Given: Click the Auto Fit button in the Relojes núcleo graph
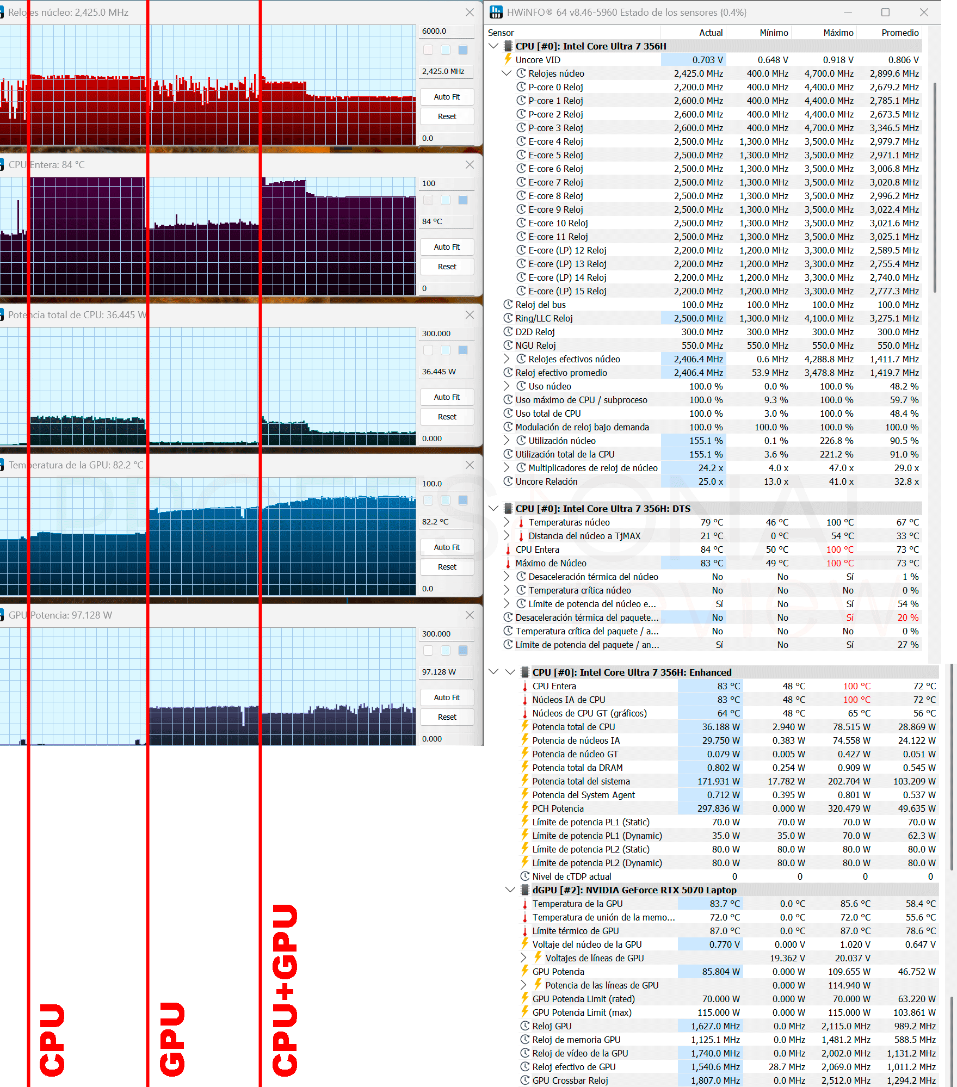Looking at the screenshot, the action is tap(447, 97).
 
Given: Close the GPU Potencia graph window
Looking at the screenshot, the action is tap(470, 615).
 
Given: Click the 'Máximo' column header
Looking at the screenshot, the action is tap(838, 33).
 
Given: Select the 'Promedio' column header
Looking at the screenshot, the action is tap(900, 33).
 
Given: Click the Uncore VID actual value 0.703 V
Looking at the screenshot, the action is tap(707, 60).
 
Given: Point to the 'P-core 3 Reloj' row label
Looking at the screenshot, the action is tap(555, 128).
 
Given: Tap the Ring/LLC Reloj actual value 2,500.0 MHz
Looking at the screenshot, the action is tap(699, 318).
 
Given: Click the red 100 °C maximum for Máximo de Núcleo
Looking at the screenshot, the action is tap(840, 563).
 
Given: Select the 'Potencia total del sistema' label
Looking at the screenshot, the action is tap(581, 781).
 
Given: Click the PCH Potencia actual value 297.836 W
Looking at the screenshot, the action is tap(718, 808).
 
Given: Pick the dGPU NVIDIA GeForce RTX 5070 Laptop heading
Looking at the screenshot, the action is tap(634, 890).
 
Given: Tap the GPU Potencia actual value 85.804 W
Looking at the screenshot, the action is tap(721, 972).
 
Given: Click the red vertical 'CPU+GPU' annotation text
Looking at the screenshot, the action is tap(285, 990).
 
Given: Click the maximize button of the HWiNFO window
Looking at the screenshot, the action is tap(885, 12).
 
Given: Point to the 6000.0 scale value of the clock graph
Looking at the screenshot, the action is tap(434, 31).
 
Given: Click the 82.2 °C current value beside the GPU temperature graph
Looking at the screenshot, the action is tap(435, 522).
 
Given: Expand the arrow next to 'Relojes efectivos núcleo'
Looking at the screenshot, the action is tap(507, 359).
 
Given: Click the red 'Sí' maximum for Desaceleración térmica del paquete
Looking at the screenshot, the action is tap(850, 617).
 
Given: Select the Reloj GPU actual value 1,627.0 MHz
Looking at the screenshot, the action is tap(715, 1026).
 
